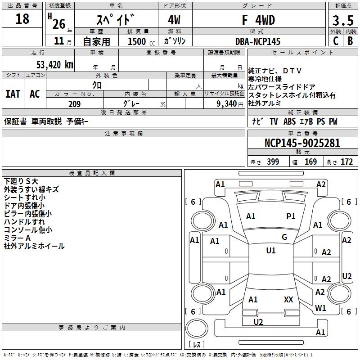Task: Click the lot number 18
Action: point(22,19)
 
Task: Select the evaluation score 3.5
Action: point(342,20)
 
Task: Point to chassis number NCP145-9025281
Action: point(302,143)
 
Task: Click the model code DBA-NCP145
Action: point(258,41)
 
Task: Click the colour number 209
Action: point(74,104)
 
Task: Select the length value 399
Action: point(273,162)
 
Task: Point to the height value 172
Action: point(346,162)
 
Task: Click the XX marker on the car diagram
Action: point(288,299)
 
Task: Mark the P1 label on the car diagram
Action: point(291,216)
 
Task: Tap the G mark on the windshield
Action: point(284,237)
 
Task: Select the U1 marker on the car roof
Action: point(271,251)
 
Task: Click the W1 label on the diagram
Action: point(320,308)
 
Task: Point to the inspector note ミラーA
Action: point(17,238)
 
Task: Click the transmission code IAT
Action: point(13,94)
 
